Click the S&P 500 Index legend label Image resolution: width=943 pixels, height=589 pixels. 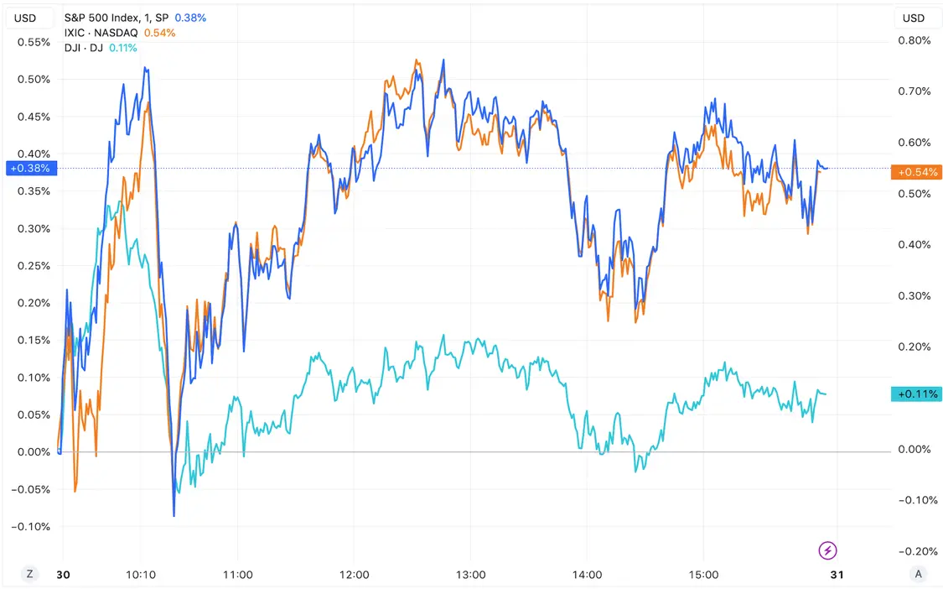tap(116, 18)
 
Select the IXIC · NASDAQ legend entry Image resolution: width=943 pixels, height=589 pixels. tap(101, 33)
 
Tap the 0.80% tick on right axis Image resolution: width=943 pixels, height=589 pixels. tap(914, 40)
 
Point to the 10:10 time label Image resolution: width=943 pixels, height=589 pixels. tap(141, 575)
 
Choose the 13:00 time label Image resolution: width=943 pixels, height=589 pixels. tap(471, 575)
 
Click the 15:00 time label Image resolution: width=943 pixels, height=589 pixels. tap(703, 575)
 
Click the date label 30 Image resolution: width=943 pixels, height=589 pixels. tap(63, 575)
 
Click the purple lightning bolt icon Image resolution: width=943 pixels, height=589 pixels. tap(827, 550)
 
